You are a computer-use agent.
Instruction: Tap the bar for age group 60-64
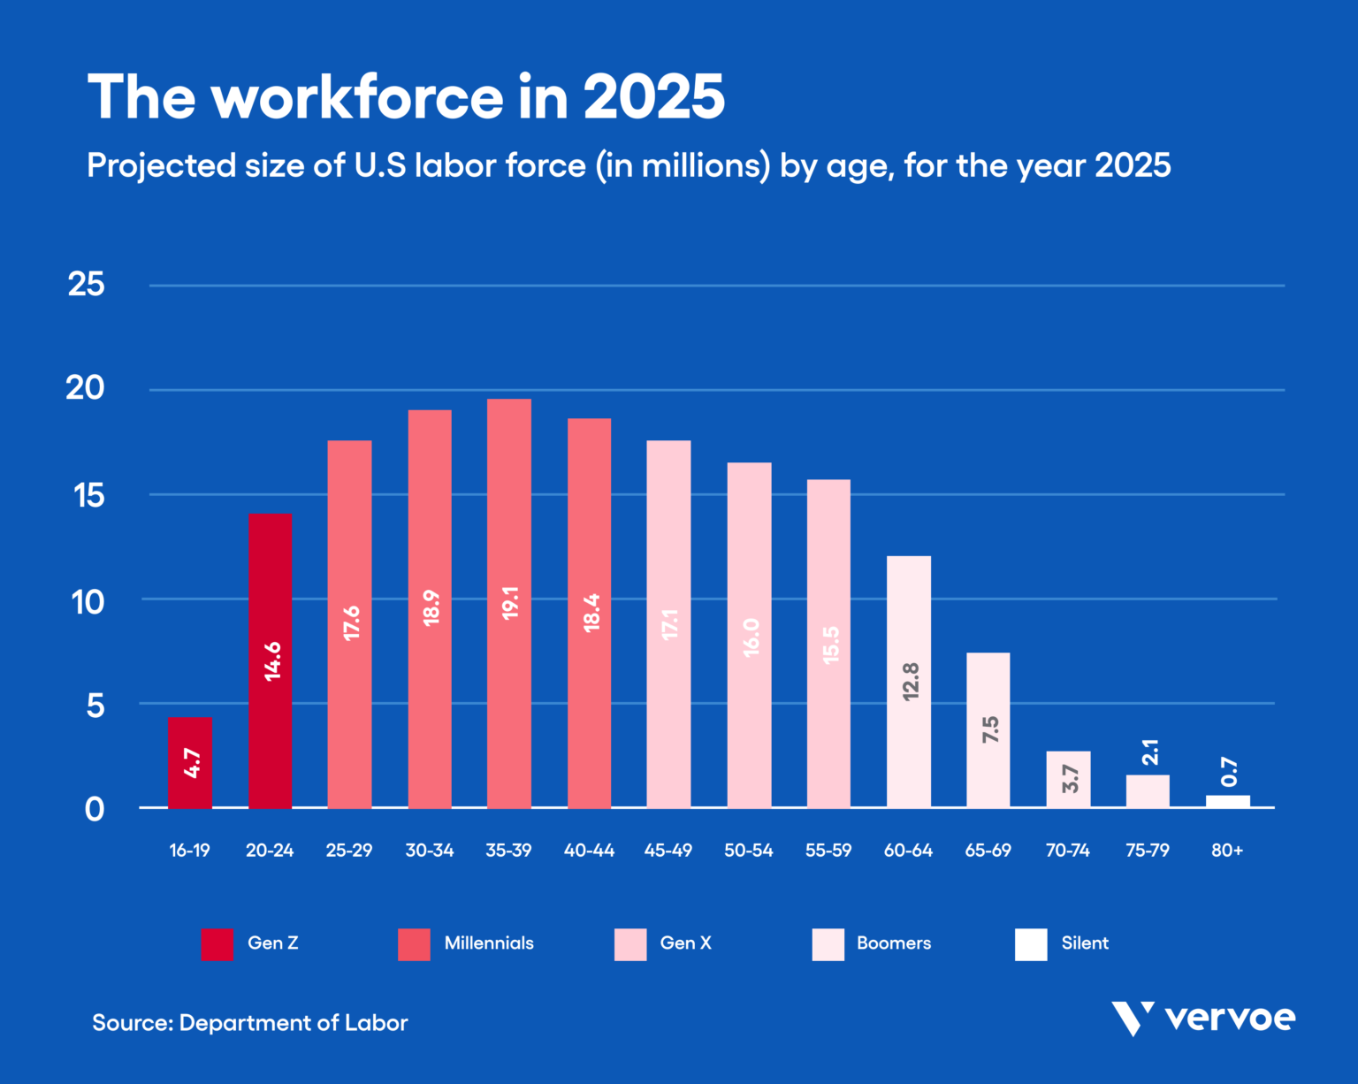908,681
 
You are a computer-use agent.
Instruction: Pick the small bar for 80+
1228,801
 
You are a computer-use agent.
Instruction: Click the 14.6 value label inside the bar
272,660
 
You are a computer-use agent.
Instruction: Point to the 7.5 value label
990,729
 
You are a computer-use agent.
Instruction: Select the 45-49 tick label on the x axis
668,851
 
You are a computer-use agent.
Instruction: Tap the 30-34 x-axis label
430,851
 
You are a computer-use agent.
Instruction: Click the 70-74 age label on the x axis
1068,851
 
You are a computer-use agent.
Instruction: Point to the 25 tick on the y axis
86,285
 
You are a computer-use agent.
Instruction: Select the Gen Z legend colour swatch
217,944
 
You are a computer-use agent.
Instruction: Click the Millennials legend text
489,943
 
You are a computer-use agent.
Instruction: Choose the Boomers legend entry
894,943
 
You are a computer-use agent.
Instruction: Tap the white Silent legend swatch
1031,944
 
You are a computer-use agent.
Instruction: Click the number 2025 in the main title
653,97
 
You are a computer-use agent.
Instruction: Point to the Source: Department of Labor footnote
250,1023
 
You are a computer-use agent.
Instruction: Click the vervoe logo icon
1133,1019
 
